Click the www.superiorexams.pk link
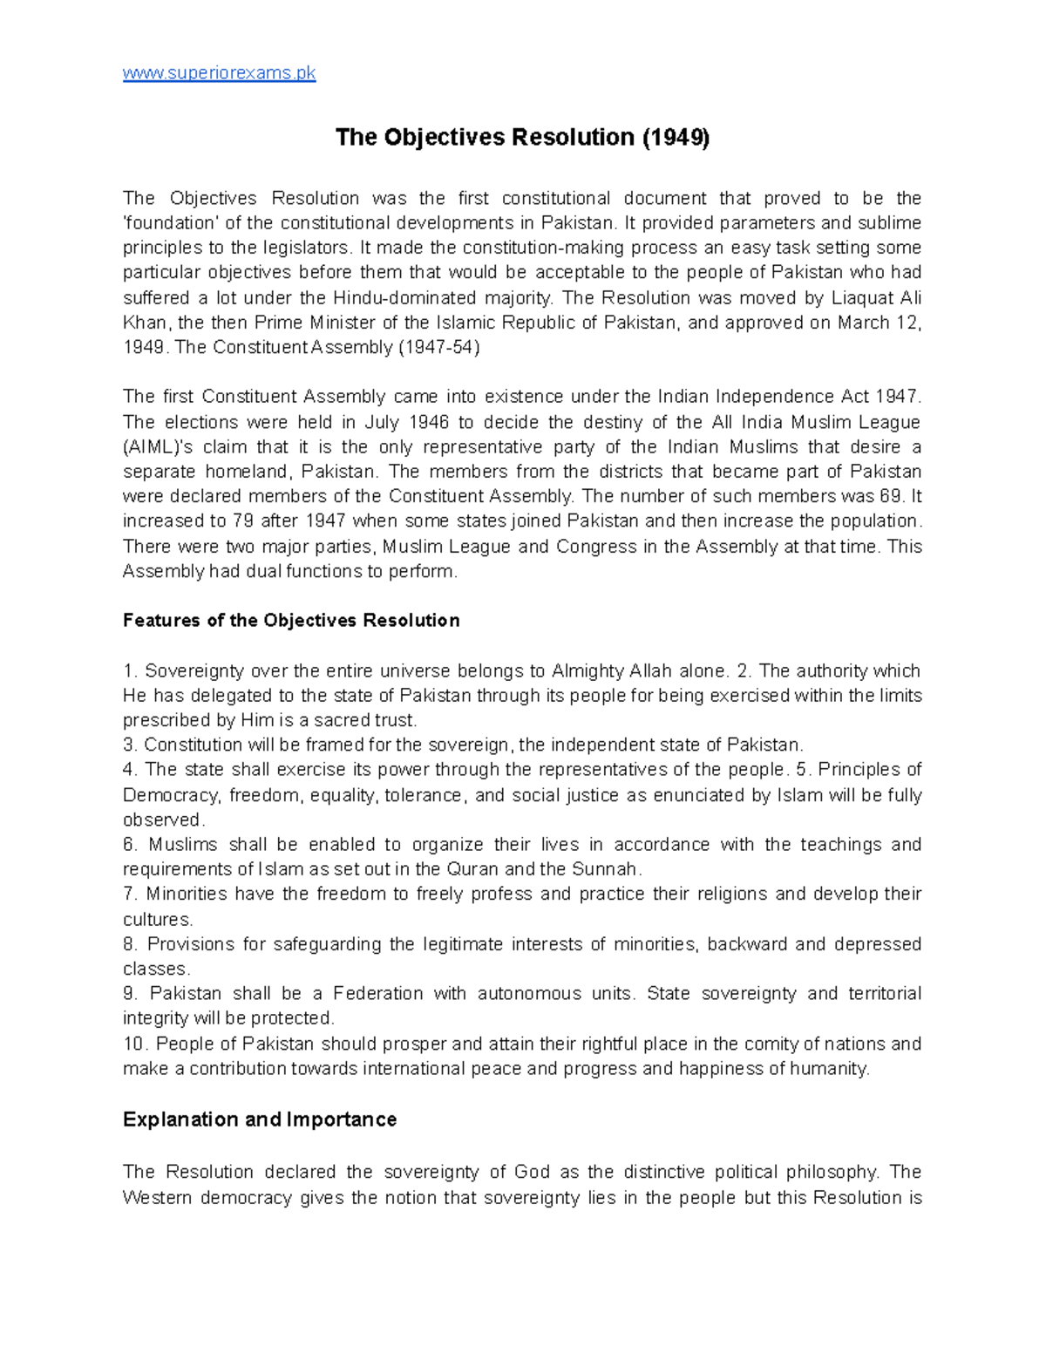(x=219, y=73)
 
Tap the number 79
(x=241, y=521)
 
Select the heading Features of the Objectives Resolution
(x=291, y=621)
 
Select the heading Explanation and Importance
(x=260, y=1119)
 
